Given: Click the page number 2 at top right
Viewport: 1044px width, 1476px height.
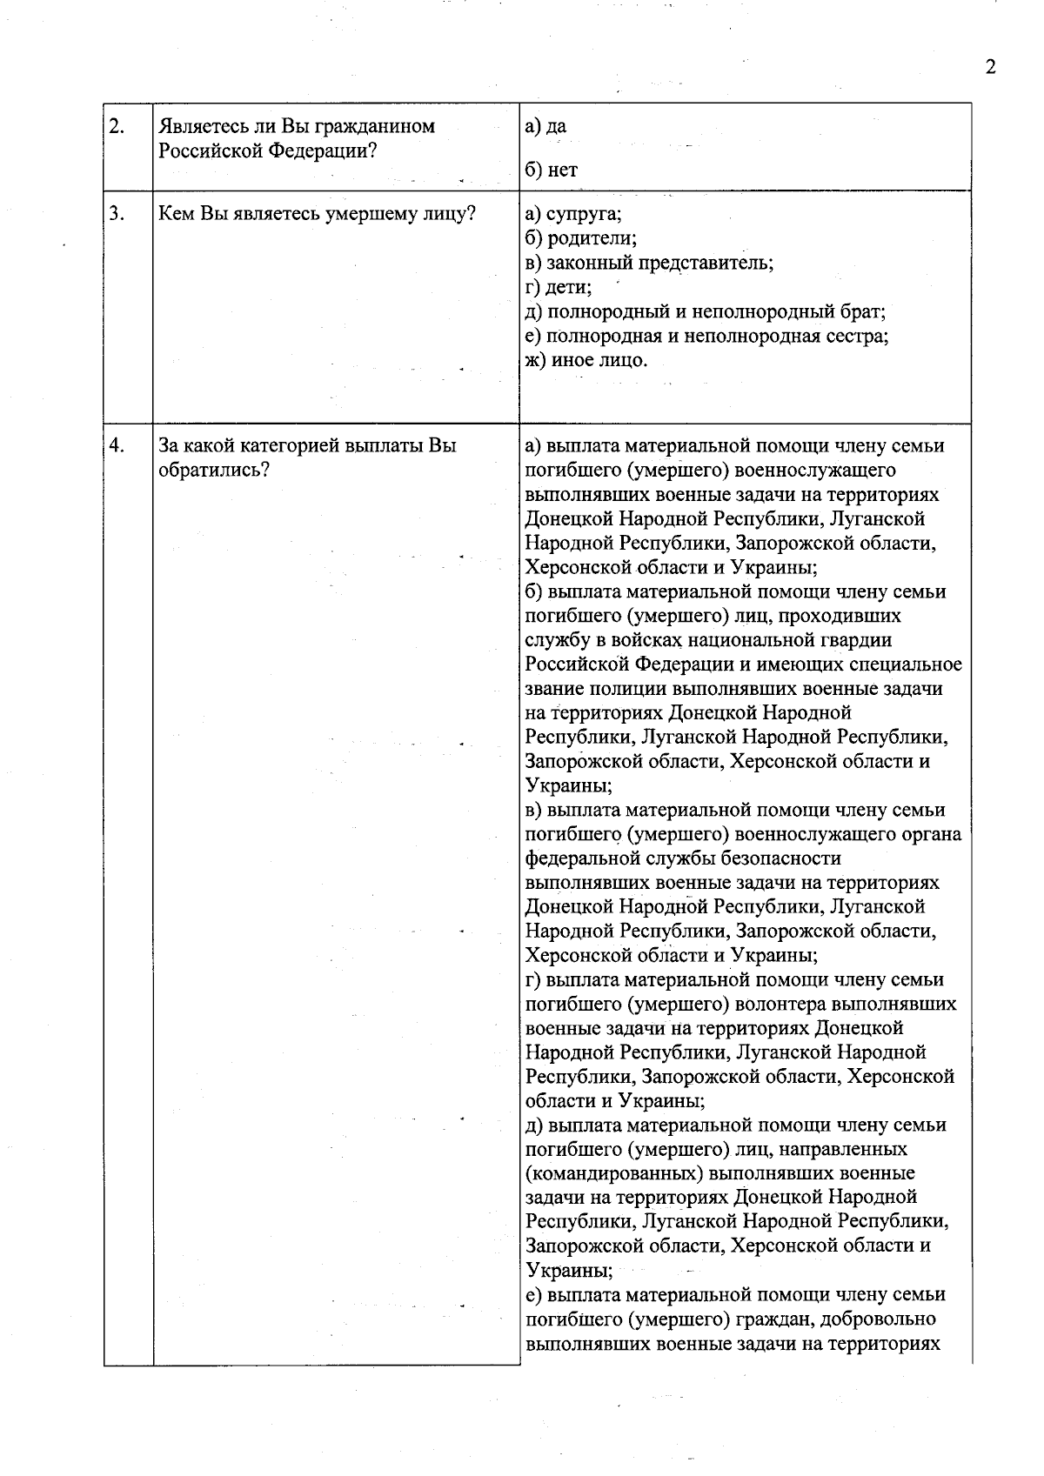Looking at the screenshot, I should [x=990, y=67].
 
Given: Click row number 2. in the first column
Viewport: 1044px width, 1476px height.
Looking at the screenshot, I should [x=117, y=126].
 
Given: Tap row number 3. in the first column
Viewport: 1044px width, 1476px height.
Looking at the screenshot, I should [x=117, y=213].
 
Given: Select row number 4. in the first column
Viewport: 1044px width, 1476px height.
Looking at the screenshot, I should [x=117, y=446].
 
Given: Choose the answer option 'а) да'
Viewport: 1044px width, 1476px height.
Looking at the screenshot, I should [x=545, y=126].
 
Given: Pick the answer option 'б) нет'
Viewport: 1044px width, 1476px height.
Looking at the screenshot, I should [x=551, y=170].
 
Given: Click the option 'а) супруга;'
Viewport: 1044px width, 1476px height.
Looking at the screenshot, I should [x=573, y=214].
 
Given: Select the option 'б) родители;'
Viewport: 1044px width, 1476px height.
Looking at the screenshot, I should [x=581, y=238].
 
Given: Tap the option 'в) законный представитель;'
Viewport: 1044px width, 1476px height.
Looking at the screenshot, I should [x=649, y=263].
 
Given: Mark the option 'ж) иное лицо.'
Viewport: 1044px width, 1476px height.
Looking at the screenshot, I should [x=586, y=360].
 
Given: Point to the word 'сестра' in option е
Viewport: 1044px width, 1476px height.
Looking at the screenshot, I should [x=858, y=336].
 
